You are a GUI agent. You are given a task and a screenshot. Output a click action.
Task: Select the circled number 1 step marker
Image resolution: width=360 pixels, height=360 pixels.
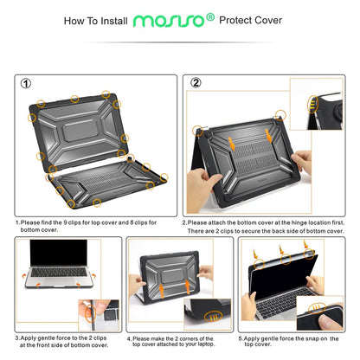[26, 84]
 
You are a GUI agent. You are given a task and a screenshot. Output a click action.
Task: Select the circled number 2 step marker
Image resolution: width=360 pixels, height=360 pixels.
[196, 84]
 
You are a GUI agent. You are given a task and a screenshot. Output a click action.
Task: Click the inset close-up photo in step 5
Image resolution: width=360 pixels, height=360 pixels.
[324, 307]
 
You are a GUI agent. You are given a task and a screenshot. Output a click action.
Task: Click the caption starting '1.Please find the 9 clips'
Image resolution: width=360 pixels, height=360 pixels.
[87, 226]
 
